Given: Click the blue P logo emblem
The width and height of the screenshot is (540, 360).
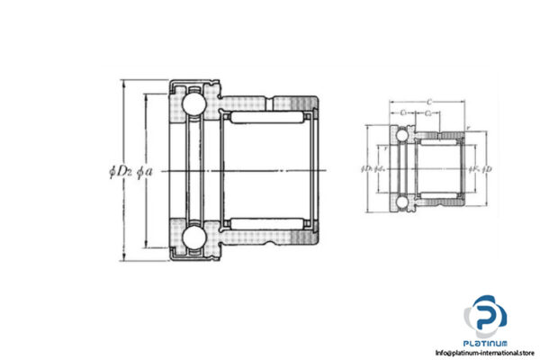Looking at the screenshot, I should [x=486, y=315].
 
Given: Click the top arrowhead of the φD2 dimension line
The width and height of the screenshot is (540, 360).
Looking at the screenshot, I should [x=123, y=83].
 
